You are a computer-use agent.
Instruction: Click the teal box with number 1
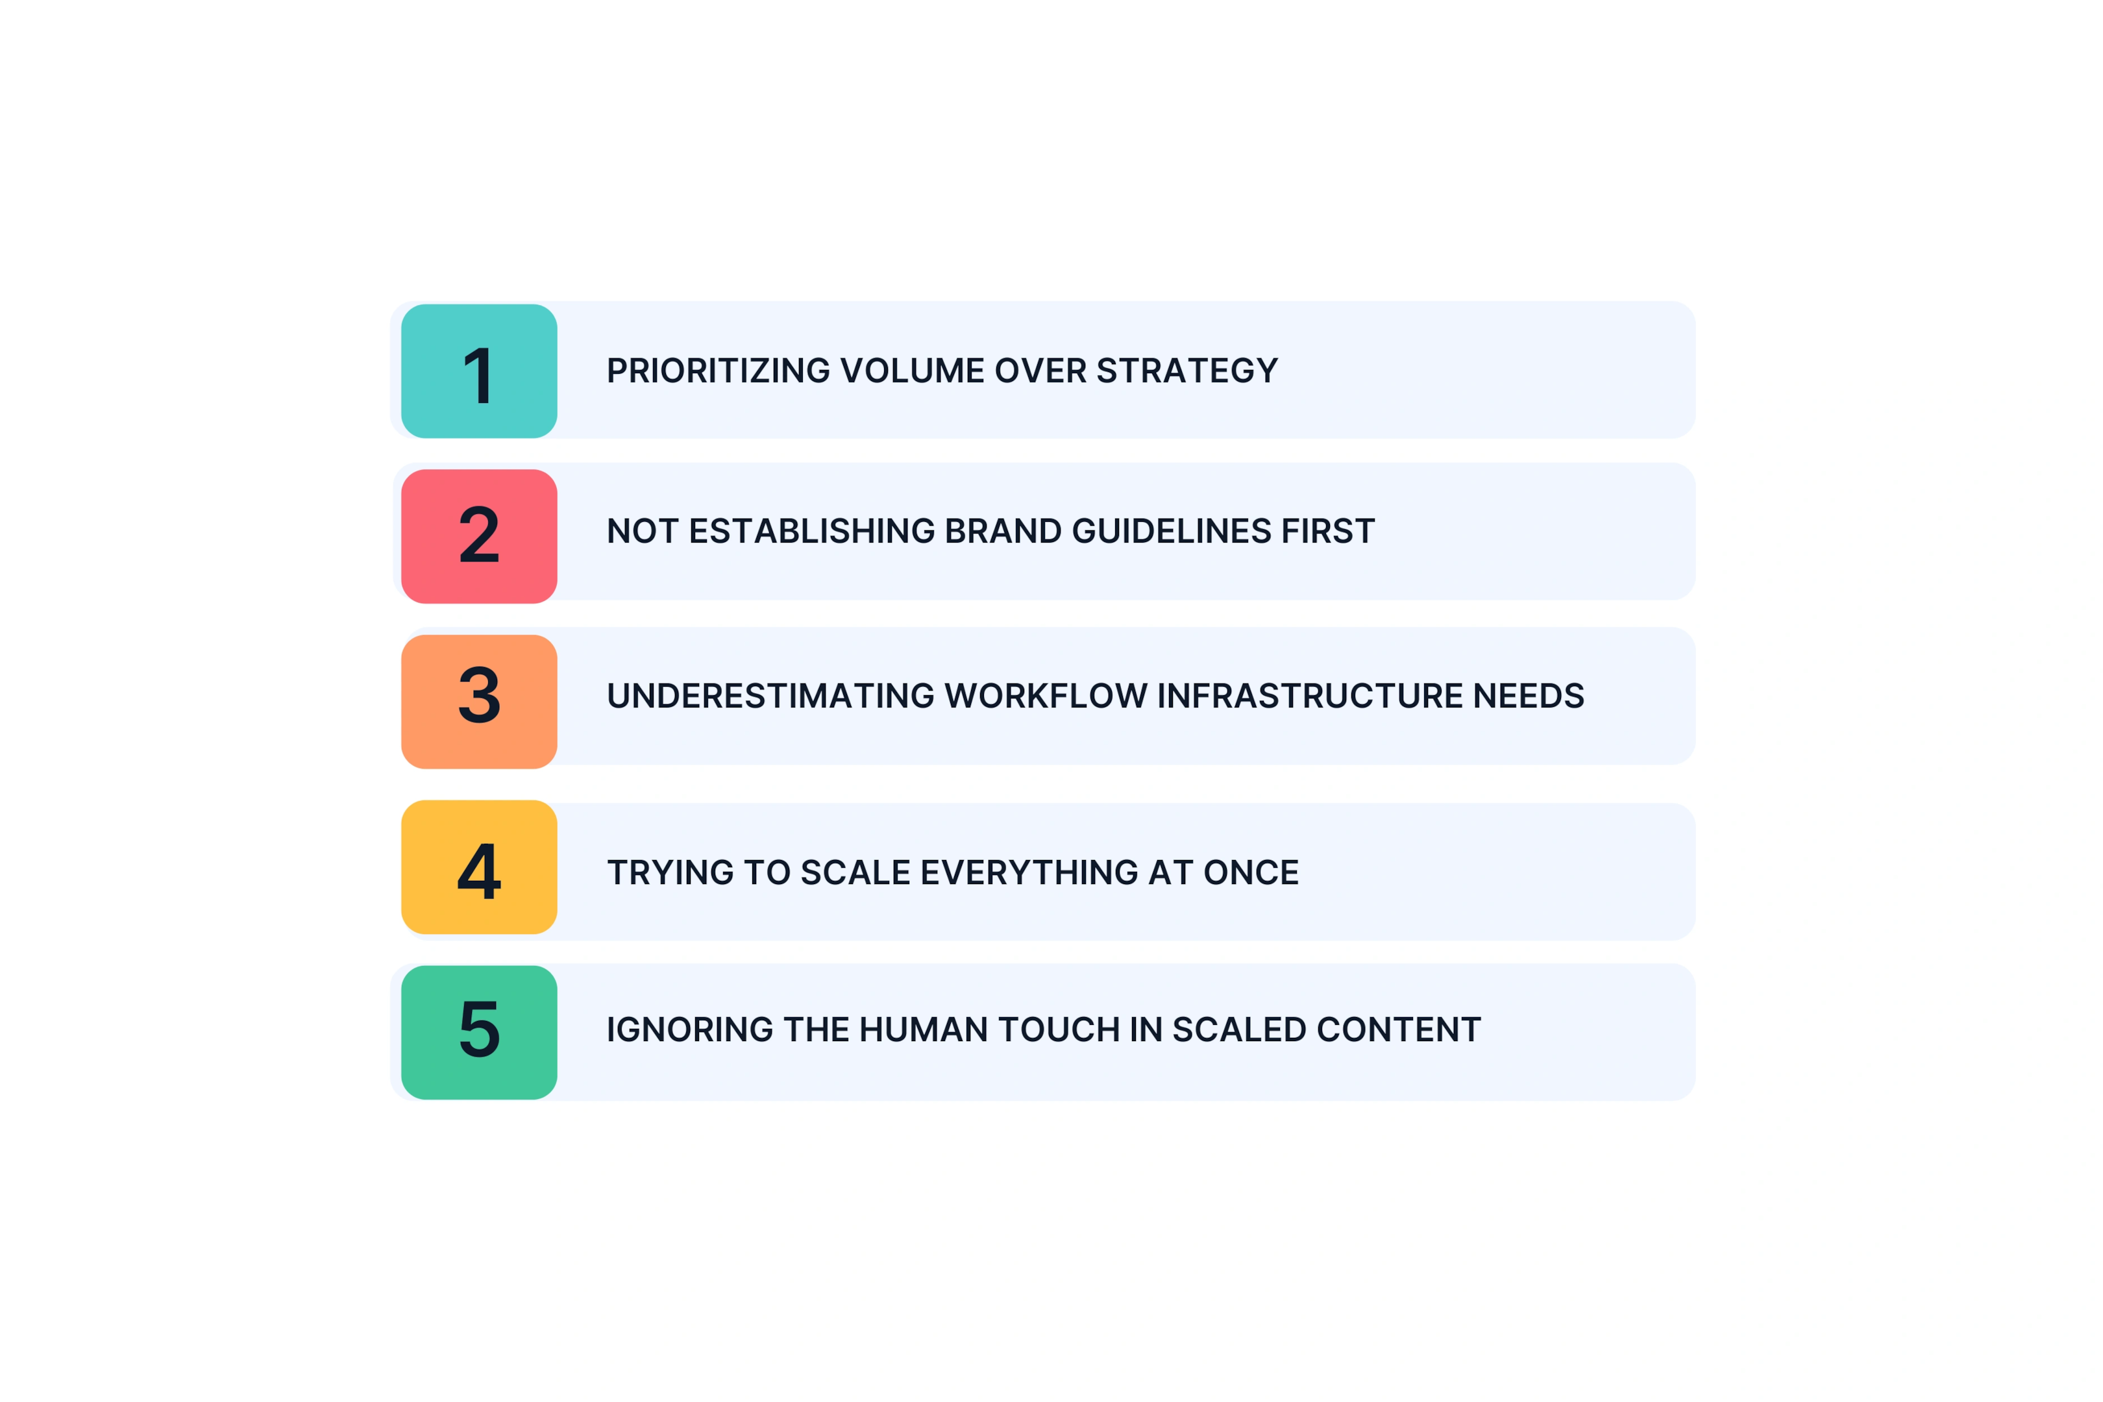click(x=479, y=371)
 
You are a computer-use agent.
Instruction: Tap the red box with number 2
click(x=479, y=537)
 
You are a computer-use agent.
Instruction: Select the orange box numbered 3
click(x=479, y=702)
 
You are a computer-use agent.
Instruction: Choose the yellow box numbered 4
click(x=479, y=867)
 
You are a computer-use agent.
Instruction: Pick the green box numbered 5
click(x=479, y=1033)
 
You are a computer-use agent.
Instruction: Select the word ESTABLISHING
click(x=812, y=531)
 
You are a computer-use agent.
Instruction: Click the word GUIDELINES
click(x=1172, y=531)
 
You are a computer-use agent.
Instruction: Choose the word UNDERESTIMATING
click(x=770, y=696)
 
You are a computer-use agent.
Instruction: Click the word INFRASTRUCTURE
click(x=1310, y=696)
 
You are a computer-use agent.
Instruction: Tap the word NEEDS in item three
click(x=1529, y=696)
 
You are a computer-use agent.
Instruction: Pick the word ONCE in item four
click(x=1251, y=872)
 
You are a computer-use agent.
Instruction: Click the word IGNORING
click(x=689, y=1030)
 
